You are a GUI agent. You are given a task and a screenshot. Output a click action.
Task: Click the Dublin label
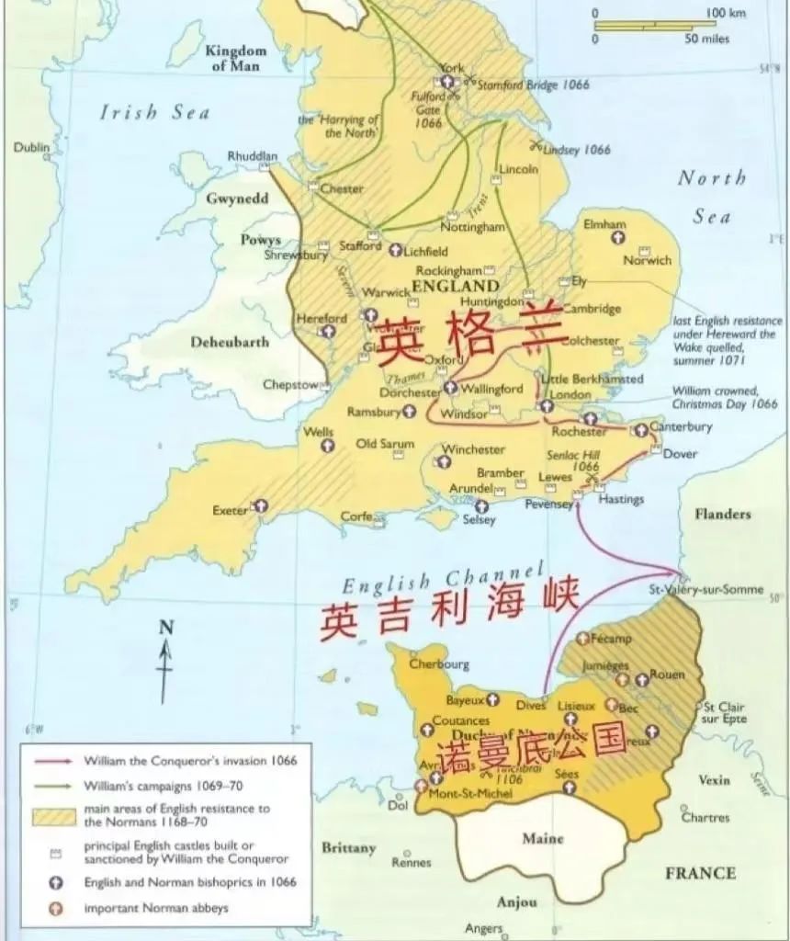tap(31, 147)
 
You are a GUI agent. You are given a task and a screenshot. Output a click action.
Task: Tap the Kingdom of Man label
tap(235, 58)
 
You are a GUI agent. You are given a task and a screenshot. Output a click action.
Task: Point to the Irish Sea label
tap(154, 113)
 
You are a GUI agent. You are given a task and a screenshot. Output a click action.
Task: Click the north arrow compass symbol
tap(165, 658)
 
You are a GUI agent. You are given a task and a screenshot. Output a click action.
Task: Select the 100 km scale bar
tap(654, 26)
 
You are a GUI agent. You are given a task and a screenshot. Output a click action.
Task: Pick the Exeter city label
tap(230, 510)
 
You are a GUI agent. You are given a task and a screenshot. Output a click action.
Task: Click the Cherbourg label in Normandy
tap(439, 663)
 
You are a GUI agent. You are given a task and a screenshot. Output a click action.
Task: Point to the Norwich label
tap(647, 260)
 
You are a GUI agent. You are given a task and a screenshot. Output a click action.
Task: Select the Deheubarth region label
tap(230, 342)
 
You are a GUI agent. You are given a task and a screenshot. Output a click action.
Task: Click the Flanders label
tap(722, 514)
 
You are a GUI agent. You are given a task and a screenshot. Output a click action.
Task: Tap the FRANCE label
tap(700, 872)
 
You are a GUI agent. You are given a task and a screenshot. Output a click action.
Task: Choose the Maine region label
tap(542, 838)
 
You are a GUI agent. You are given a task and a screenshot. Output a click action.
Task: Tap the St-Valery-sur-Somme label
tap(705, 589)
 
